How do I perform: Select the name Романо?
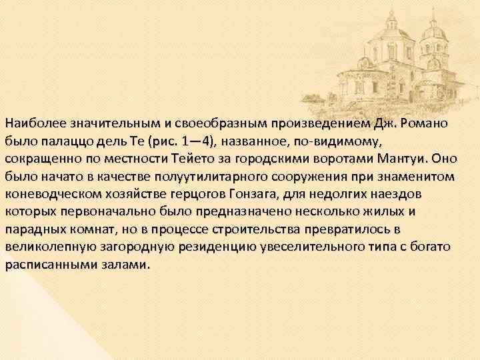pos(424,123)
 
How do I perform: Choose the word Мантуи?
pos(405,159)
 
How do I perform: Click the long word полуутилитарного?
pos(204,177)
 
